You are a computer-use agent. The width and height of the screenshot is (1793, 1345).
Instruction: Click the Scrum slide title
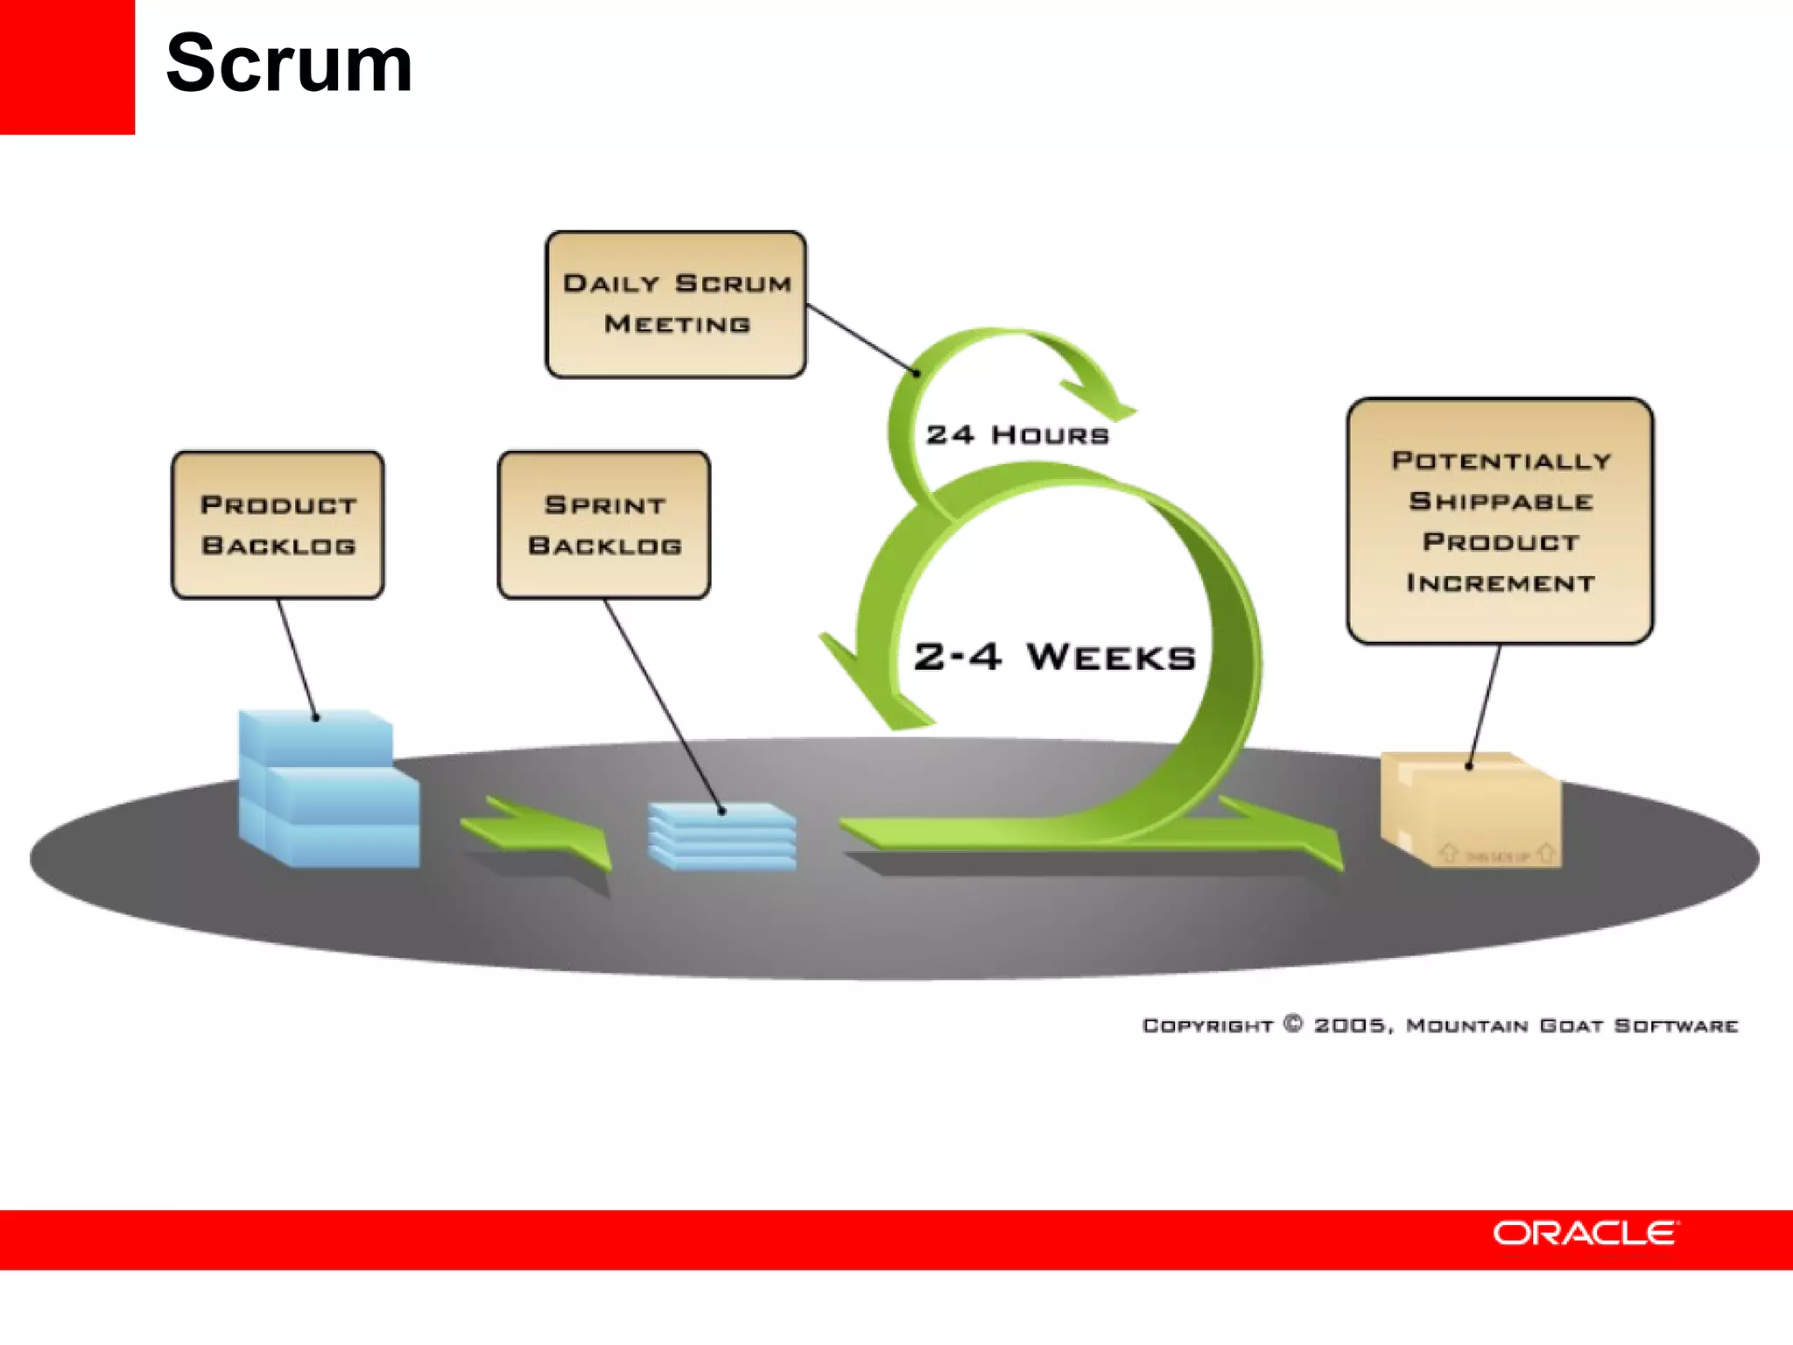pyautogui.click(x=289, y=63)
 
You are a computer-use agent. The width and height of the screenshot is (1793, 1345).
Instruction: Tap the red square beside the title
pyautogui.click(x=67, y=67)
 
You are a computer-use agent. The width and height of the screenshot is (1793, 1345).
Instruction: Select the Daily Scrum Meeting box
pyautogui.click(x=676, y=304)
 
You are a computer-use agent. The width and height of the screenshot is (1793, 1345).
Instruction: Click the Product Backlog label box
pyautogui.click(x=278, y=525)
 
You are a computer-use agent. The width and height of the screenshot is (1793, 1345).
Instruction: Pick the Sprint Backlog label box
pyautogui.click(x=604, y=525)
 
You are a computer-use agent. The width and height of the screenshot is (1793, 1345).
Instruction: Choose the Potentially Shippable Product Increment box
pyautogui.click(x=1500, y=521)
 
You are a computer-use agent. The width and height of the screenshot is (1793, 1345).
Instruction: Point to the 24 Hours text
pyautogui.click(x=1017, y=434)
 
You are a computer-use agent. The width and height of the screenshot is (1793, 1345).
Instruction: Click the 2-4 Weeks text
pyautogui.click(x=1054, y=657)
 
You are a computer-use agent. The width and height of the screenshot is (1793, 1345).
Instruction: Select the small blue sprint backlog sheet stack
pyautogui.click(x=722, y=836)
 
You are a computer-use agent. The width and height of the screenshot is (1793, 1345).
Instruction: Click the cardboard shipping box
pyautogui.click(x=1471, y=810)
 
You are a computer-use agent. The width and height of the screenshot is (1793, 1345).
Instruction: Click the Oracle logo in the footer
pyautogui.click(x=1586, y=1233)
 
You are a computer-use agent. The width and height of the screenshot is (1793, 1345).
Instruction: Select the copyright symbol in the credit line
pyautogui.click(x=1293, y=1024)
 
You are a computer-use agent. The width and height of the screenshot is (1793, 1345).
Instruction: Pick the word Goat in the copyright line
pyautogui.click(x=1571, y=1025)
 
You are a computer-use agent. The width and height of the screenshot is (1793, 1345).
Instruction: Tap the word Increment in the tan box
pyautogui.click(x=1501, y=583)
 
